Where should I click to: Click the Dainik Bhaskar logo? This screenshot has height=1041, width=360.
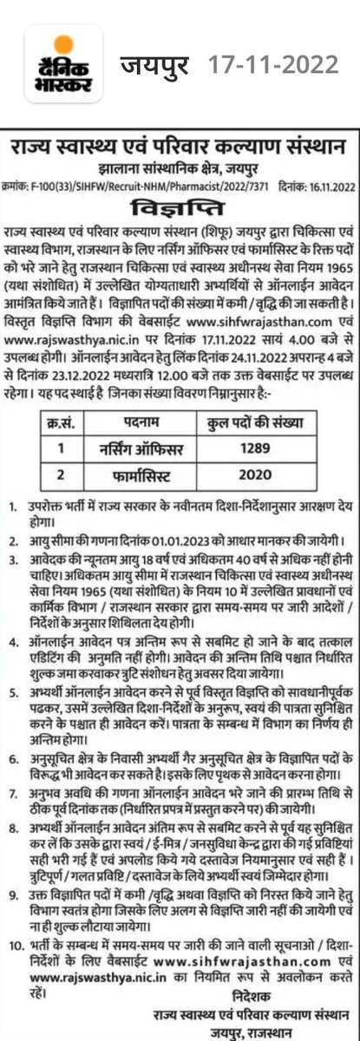(58, 64)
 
